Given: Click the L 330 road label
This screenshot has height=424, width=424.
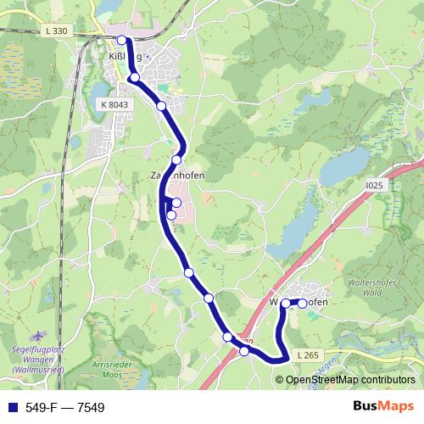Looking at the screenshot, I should [53, 31].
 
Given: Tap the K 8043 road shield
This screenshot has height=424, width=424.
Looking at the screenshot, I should [113, 103].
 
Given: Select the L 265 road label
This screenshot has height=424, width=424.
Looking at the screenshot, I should [310, 353].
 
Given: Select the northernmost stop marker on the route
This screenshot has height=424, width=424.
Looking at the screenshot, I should [122, 40].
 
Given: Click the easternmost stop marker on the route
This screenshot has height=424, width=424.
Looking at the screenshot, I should [302, 304].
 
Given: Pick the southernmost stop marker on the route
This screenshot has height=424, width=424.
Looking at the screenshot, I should [244, 351].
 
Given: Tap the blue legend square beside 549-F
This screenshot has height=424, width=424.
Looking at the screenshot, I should [11, 408].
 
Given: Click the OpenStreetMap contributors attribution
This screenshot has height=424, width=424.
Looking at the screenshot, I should [350, 380].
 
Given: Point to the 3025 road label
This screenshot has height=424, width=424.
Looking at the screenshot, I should [374, 185].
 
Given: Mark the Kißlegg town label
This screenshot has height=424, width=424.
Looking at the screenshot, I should [125, 57].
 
